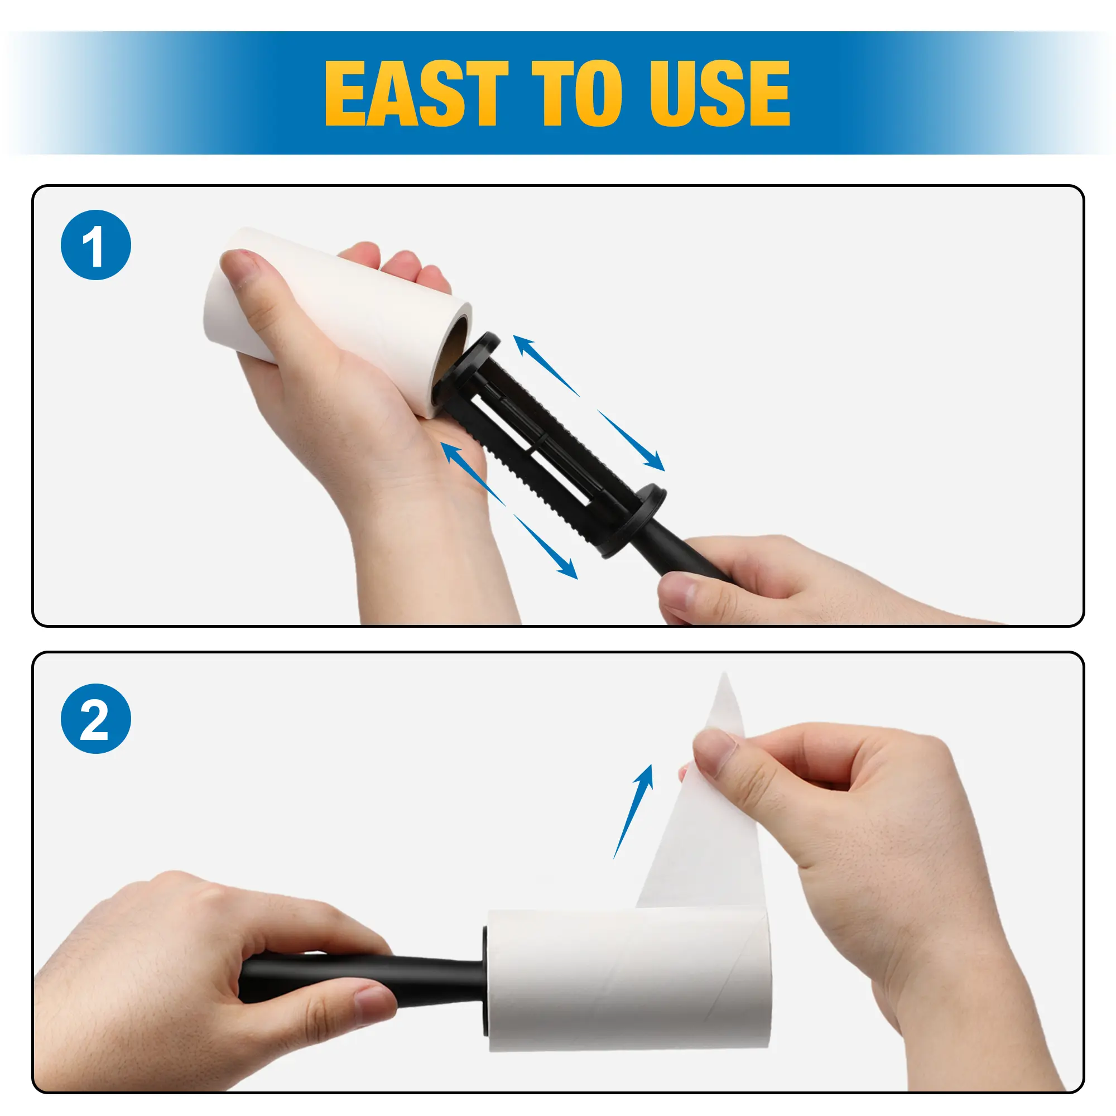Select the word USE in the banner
pos(720,93)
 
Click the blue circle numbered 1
pos(96,245)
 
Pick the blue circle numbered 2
pos(96,719)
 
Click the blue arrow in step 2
pos(633,811)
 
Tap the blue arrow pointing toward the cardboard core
pos(546,365)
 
